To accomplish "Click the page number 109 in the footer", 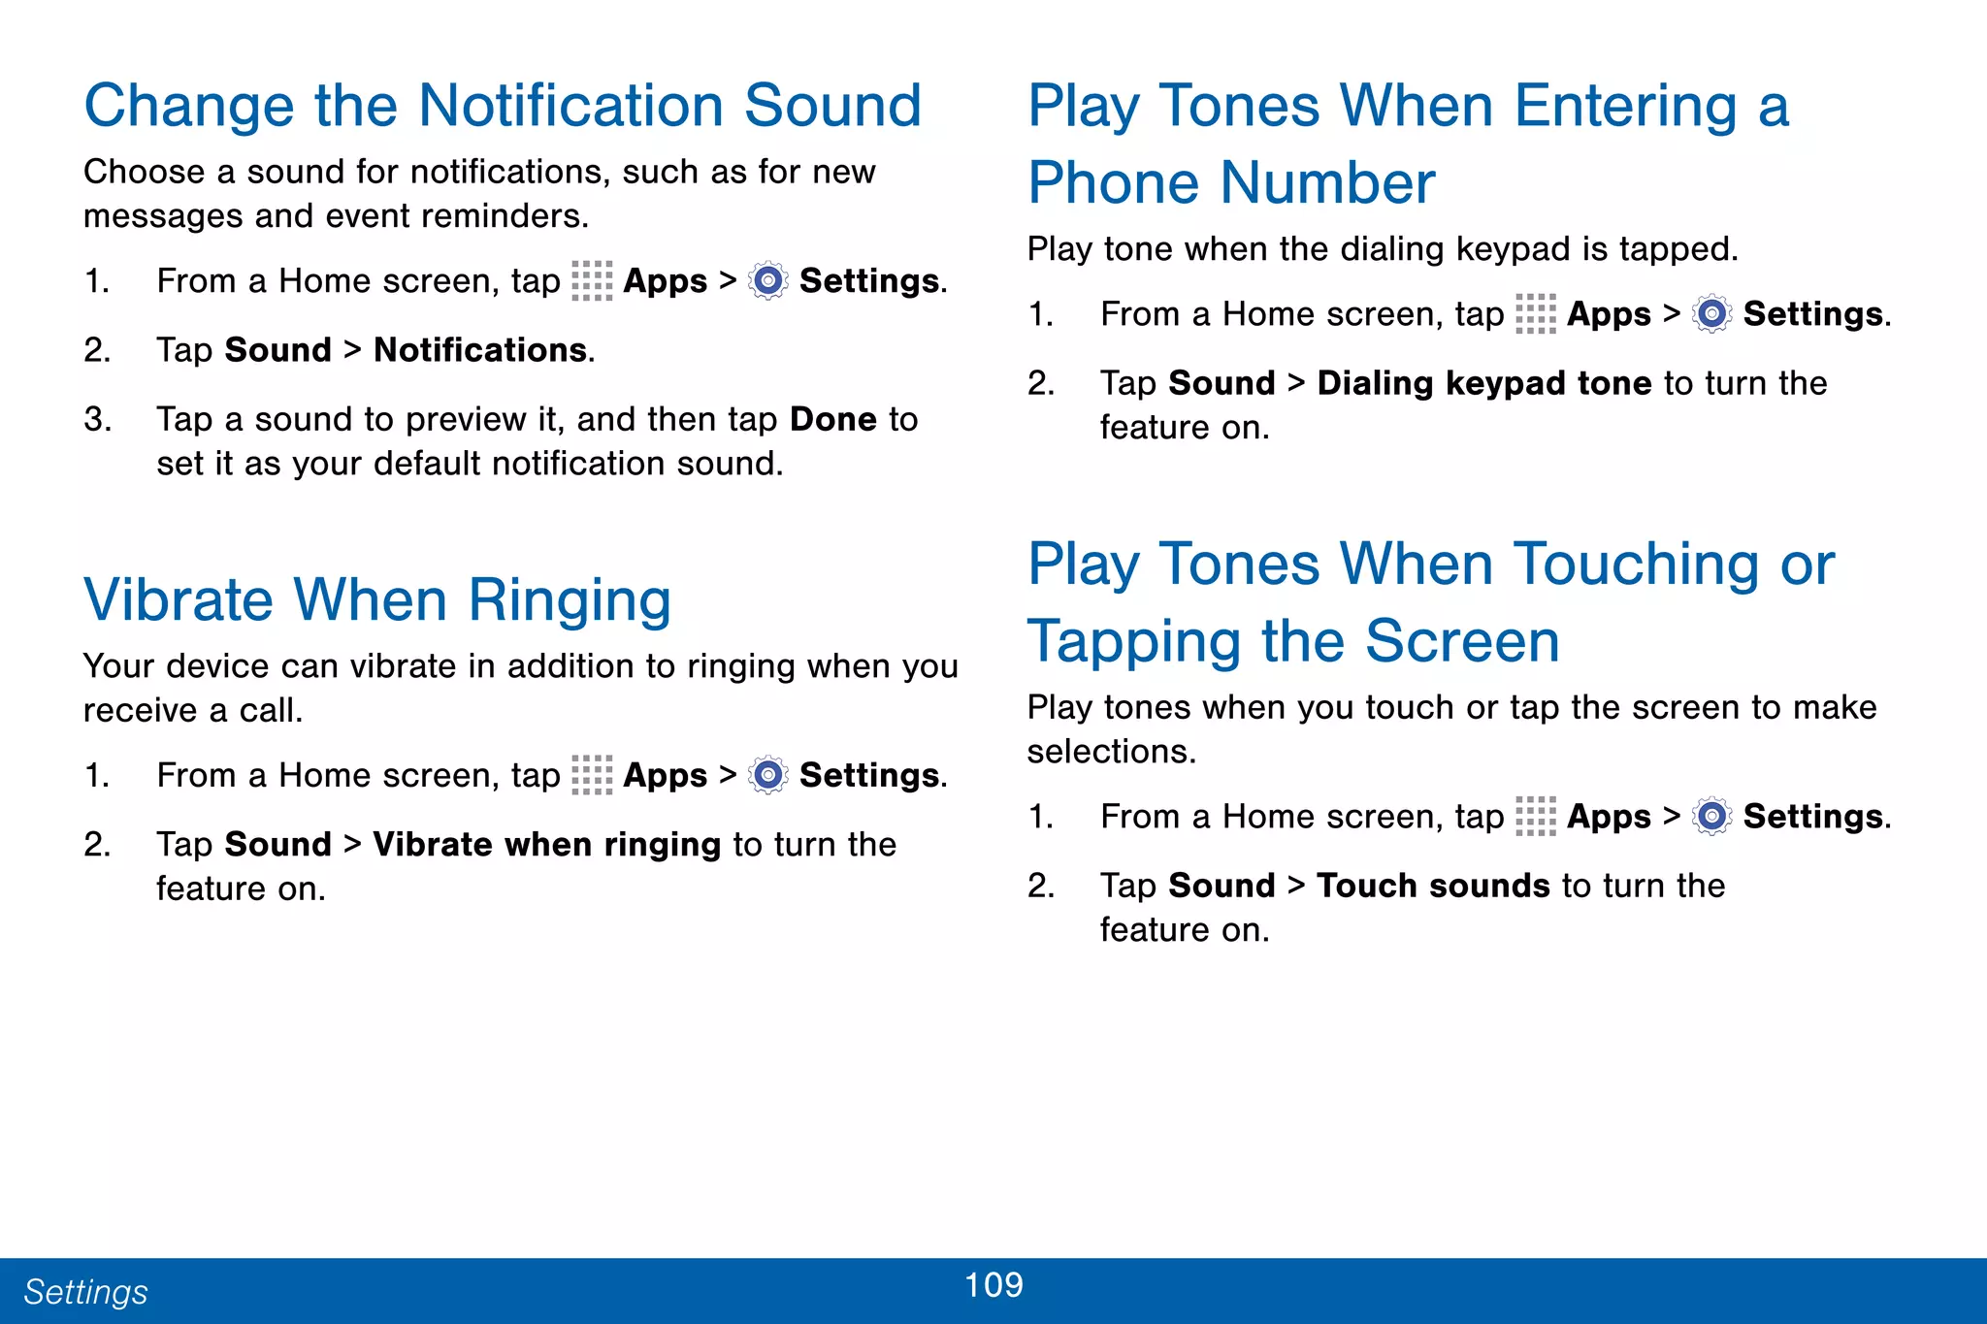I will tap(993, 1284).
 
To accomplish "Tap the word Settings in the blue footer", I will tap(85, 1292).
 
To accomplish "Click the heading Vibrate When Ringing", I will tap(377, 599).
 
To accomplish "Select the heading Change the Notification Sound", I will tap(503, 105).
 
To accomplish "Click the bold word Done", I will tap(833, 419).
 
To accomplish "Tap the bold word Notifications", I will tap(480, 350).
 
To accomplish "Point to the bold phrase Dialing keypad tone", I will tap(1483, 383).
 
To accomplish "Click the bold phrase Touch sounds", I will tap(1433, 886).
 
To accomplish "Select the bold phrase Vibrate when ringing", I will tap(546, 845).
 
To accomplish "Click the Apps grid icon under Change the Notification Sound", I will tap(592, 281).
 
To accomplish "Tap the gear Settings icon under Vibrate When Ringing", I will tap(768, 776).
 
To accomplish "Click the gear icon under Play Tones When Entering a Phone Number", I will tap(1711, 314).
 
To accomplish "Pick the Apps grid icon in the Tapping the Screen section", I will tap(1535, 817).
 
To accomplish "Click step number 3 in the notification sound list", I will tap(97, 420).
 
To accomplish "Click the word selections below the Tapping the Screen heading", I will tap(1110, 752).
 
